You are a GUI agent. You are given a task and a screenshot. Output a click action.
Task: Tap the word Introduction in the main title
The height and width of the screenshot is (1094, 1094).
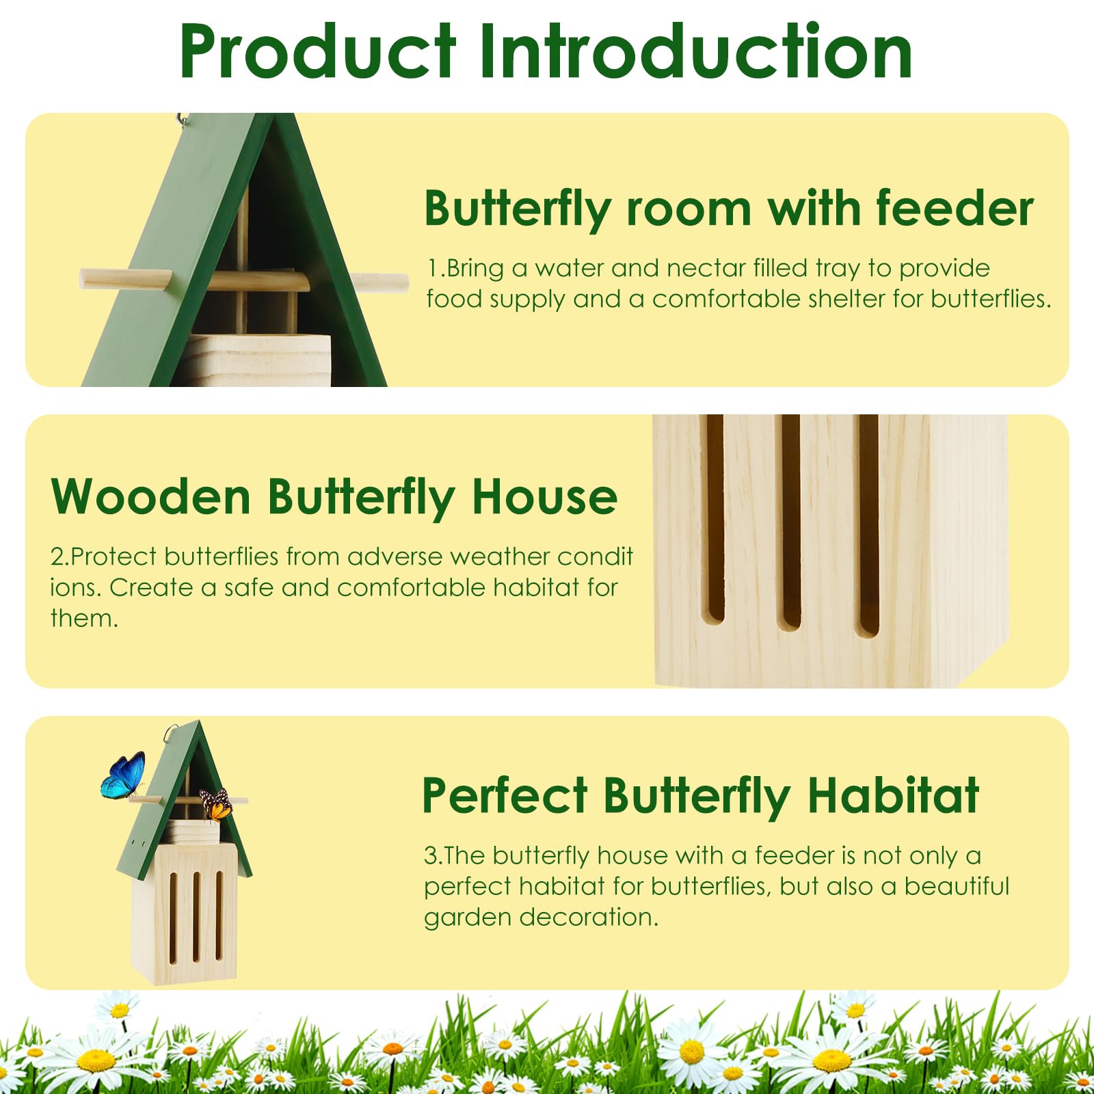click(695, 52)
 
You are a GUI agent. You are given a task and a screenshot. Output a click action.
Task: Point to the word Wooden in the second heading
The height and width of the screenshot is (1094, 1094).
click(151, 497)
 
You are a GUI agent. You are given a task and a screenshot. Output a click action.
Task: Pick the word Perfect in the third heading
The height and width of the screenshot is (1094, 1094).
click(505, 796)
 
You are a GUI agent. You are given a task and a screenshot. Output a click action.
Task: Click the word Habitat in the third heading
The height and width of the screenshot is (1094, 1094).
click(893, 796)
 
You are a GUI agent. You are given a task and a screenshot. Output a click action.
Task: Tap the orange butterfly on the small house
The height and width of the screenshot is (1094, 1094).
click(217, 804)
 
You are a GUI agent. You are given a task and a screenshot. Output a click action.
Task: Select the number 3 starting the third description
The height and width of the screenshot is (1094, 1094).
click(430, 856)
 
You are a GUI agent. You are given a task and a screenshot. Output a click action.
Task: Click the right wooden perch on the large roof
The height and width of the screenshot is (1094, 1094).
click(379, 282)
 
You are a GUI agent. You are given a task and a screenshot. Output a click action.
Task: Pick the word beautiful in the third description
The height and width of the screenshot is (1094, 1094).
click(957, 886)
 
